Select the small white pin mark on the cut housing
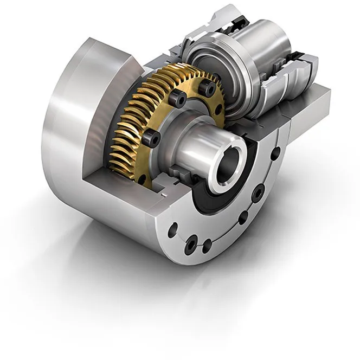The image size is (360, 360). coord(163,192)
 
